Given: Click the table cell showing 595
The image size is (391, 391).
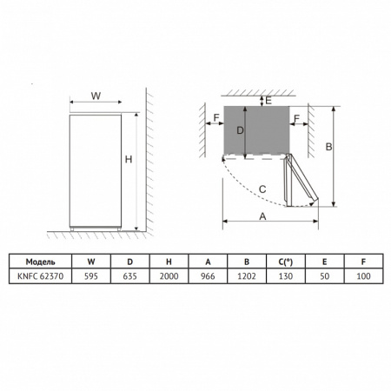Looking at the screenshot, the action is (x=91, y=276).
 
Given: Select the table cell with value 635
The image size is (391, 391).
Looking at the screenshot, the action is (x=129, y=276).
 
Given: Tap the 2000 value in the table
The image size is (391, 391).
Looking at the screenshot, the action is (x=169, y=276).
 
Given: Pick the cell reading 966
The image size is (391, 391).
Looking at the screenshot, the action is (x=208, y=276).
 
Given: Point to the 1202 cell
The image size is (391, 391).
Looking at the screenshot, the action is (x=247, y=276).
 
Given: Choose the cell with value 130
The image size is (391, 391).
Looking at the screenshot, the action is (x=286, y=276).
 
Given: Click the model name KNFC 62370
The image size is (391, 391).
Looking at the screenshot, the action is (x=40, y=276).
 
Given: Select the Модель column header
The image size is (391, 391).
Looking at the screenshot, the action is (x=40, y=262).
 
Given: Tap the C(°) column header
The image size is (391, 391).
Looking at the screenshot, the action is (x=286, y=262).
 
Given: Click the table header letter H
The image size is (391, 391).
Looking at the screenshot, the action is (x=169, y=262).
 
